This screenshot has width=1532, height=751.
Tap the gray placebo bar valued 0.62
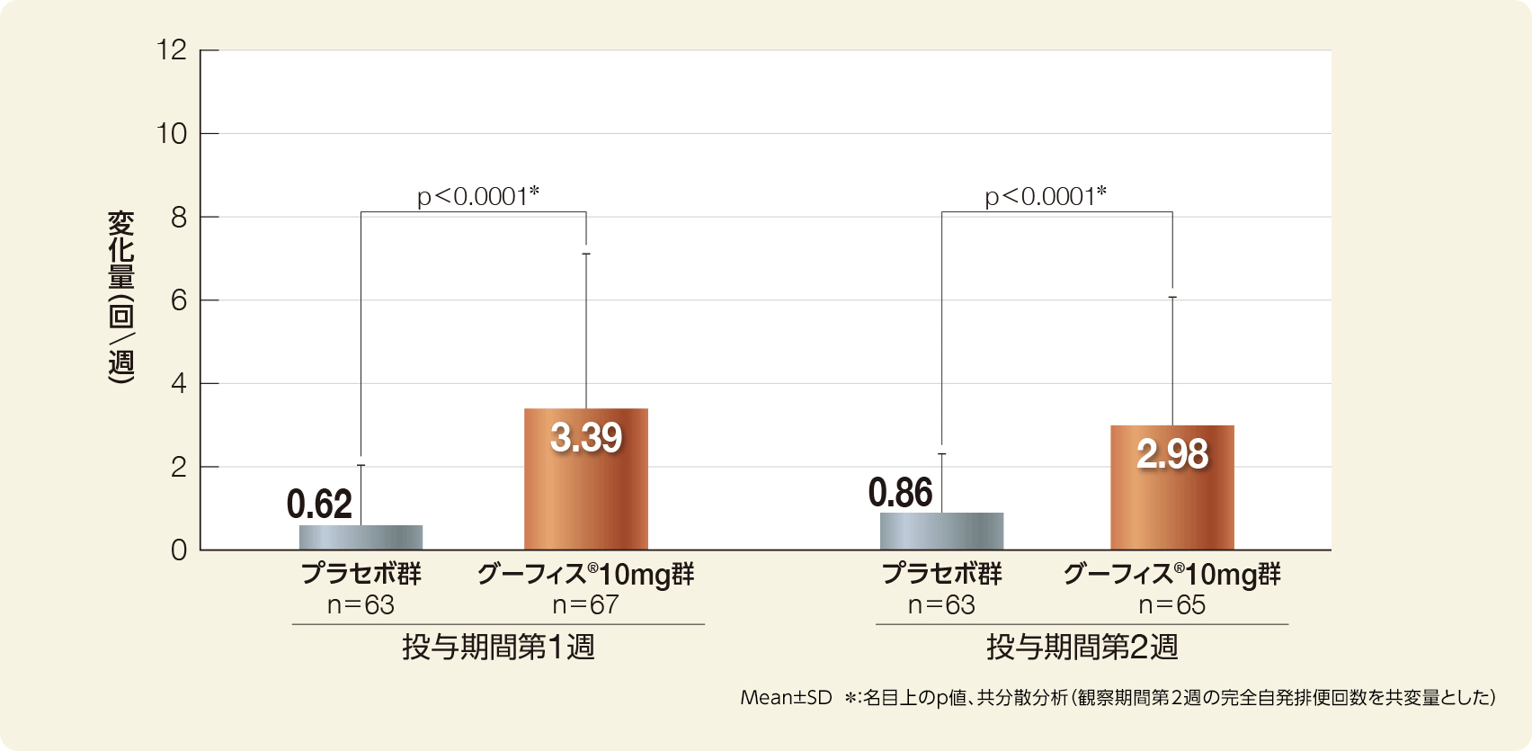point(361,537)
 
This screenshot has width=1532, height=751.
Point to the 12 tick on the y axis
point(172,50)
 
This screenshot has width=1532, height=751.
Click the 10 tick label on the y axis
point(172,134)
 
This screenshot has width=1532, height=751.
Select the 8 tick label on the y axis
point(179,218)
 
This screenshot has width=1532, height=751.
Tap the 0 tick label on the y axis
point(179,550)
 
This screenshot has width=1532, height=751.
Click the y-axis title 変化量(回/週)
point(121,298)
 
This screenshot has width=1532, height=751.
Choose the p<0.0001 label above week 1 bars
point(478,195)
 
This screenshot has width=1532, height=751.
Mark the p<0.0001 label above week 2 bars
point(1046,195)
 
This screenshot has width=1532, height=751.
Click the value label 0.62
point(319,505)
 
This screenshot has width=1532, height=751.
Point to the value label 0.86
point(900,493)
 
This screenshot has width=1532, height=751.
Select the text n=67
point(585,604)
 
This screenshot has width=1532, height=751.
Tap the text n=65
point(1171,604)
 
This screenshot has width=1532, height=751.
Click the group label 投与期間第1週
point(498,647)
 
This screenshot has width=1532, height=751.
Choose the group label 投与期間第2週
point(1082,647)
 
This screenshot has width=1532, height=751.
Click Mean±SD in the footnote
point(786,698)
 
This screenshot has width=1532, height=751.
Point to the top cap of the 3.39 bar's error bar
point(586,254)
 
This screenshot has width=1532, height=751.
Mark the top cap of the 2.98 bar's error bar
point(1172,297)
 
